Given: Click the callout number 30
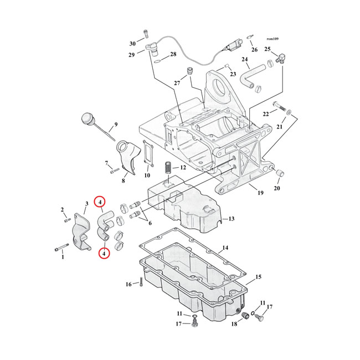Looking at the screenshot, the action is click(x=132, y=44).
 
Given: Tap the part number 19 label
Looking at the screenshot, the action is click(x=260, y=193).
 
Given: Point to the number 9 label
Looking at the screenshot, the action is click(x=116, y=125).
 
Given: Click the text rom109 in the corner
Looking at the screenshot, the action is click(x=272, y=39).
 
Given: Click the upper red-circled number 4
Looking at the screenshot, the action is click(x=100, y=202).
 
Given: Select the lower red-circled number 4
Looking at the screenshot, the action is click(x=104, y=254).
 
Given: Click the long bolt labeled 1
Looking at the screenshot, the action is click(x=62, y=247).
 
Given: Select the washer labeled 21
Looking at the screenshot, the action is click(x=289, y=112).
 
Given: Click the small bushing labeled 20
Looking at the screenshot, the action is click(x=280, y=173).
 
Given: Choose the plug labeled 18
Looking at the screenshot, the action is click(x=245, y=316).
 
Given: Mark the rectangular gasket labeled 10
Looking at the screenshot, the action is click(x=148, y=153).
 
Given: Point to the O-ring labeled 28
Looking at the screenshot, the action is click(x=157, y=61).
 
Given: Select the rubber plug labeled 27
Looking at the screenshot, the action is click(x=190, y=71).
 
